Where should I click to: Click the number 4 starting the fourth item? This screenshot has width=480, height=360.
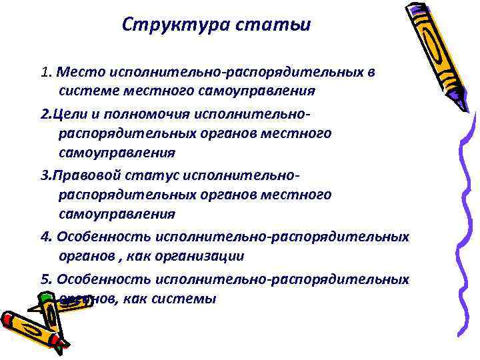coord(44,238)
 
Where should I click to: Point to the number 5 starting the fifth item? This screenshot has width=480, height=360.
coord(44,279)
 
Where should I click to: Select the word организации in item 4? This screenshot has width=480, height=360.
coord(207,255)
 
